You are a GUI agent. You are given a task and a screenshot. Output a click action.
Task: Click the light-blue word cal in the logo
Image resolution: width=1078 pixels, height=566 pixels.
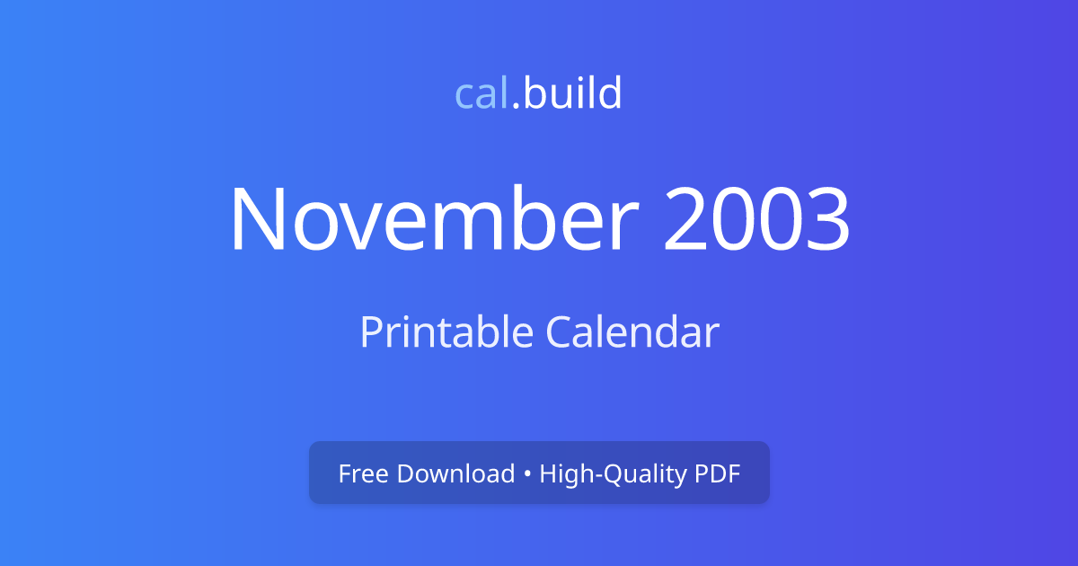tap(482, 93)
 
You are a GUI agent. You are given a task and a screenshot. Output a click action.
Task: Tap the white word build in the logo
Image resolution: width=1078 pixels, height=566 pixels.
tap(572, 93)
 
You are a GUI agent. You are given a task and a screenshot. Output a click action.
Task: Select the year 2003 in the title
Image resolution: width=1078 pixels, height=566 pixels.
tap(756, 220)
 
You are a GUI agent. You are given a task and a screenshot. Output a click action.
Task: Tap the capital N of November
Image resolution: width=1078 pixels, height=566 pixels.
tap(260, 220)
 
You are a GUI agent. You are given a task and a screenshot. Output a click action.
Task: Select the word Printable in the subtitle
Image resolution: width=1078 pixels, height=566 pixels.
tap(446, 332)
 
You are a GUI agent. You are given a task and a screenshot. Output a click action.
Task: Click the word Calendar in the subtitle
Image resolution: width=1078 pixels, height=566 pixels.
tap(632, 332)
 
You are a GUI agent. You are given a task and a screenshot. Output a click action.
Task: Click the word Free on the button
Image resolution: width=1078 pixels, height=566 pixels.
tap(364, 473)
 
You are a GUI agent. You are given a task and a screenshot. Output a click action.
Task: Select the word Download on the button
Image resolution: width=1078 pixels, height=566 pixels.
tap(455, 473)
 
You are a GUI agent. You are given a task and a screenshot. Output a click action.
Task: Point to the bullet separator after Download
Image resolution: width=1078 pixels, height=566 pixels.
tap(527, 474)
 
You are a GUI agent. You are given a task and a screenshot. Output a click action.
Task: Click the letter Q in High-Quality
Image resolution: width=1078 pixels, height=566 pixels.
tap(609, 473)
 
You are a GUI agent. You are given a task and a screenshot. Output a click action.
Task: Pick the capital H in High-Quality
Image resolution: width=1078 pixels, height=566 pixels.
tap(546, 473)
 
